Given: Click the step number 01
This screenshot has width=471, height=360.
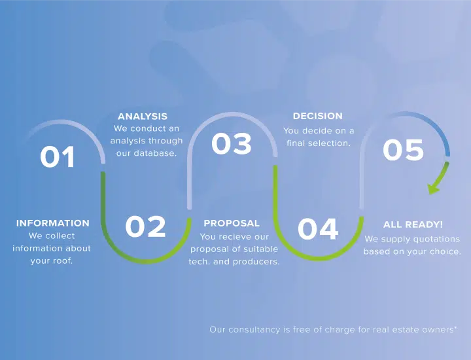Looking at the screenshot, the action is (57, 156).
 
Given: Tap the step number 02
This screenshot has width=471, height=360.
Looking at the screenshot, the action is (145, 226).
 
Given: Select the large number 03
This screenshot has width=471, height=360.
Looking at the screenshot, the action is (232, 143).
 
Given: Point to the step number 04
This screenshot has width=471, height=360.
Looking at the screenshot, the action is (318, 229).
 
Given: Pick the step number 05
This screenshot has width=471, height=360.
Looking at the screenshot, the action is (403, 149).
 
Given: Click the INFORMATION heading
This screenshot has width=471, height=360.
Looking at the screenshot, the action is (53, 223).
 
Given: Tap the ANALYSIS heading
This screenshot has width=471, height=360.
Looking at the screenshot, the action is (143, 117).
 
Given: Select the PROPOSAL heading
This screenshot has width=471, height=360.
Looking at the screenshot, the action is (232, 223).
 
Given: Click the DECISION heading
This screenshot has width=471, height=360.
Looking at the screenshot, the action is (318, 116).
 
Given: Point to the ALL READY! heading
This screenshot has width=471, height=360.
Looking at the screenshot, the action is (413, 225).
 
